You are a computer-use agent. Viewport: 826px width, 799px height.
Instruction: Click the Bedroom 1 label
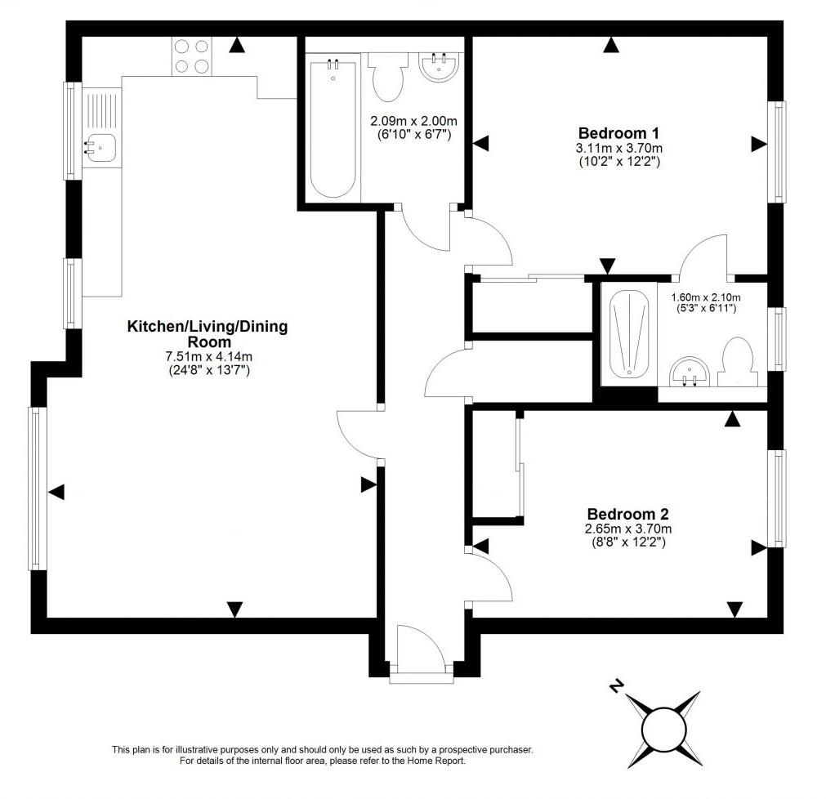coord(618,133)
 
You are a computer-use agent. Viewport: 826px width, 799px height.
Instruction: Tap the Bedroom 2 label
coord(627,515)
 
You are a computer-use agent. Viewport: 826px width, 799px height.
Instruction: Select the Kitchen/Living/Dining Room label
coord(207,334)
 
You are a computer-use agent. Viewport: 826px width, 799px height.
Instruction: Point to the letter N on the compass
coord(617,685)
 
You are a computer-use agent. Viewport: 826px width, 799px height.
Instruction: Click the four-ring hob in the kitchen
coord(191,56)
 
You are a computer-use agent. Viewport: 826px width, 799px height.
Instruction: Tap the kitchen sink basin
coord(100,147)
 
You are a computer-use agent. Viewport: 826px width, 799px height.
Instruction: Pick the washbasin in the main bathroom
coord(441,65)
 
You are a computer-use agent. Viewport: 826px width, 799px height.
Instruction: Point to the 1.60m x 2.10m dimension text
coord(705,297)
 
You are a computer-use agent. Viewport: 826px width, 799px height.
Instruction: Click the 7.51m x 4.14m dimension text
coord(207,357)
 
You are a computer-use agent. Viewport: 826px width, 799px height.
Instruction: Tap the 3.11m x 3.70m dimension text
coord(618,148)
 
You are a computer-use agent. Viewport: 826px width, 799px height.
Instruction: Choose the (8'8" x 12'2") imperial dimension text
coord(627,542)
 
